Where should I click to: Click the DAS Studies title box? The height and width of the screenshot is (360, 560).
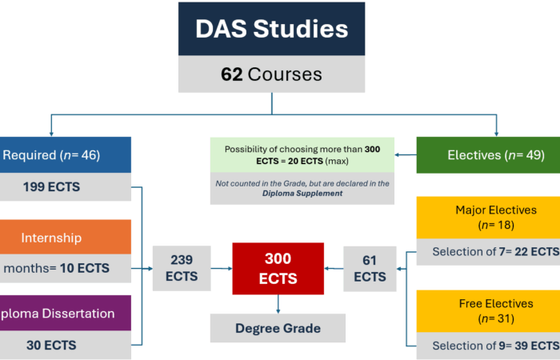click(x=271, y=29)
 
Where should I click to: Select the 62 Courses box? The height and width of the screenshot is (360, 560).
click(x=271, y=74)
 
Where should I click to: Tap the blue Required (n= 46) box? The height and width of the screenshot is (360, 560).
click(x=66, y=155)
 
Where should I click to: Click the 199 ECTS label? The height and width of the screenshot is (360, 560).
click(x=51, y=186)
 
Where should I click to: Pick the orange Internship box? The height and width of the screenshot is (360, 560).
click(x=66, y=237)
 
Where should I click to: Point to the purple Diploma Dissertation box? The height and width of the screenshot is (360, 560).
click(x=66, y=313)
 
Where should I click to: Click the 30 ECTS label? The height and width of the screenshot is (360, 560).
click(x=51, y=345)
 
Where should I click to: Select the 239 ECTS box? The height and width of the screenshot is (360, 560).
click(x=182, y=268)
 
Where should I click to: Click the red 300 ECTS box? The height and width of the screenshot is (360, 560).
click(x=278, y=269)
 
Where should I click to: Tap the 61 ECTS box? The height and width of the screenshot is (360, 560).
click(x=370, y=269)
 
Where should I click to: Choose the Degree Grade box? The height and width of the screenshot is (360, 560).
click(x=278, y=328)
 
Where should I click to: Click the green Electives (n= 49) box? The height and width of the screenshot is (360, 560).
click(x=488, y=155)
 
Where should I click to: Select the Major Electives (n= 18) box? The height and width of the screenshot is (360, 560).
click(x=488, y=218)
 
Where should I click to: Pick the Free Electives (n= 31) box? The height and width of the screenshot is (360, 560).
click(x=488, y=311)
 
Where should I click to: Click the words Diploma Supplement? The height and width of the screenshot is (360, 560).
click(x=302, y=194)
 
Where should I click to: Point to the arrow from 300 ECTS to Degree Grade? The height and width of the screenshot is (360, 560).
click(x=278, y=304)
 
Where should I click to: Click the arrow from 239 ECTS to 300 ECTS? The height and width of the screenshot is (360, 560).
click(x=222, y=268)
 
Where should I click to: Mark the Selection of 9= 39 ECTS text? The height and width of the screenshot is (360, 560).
click(x=496, y=346)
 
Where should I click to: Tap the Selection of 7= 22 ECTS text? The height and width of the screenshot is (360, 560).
click(x=496, y=252)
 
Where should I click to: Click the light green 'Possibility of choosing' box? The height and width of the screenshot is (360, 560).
click(x=302, y=155)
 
